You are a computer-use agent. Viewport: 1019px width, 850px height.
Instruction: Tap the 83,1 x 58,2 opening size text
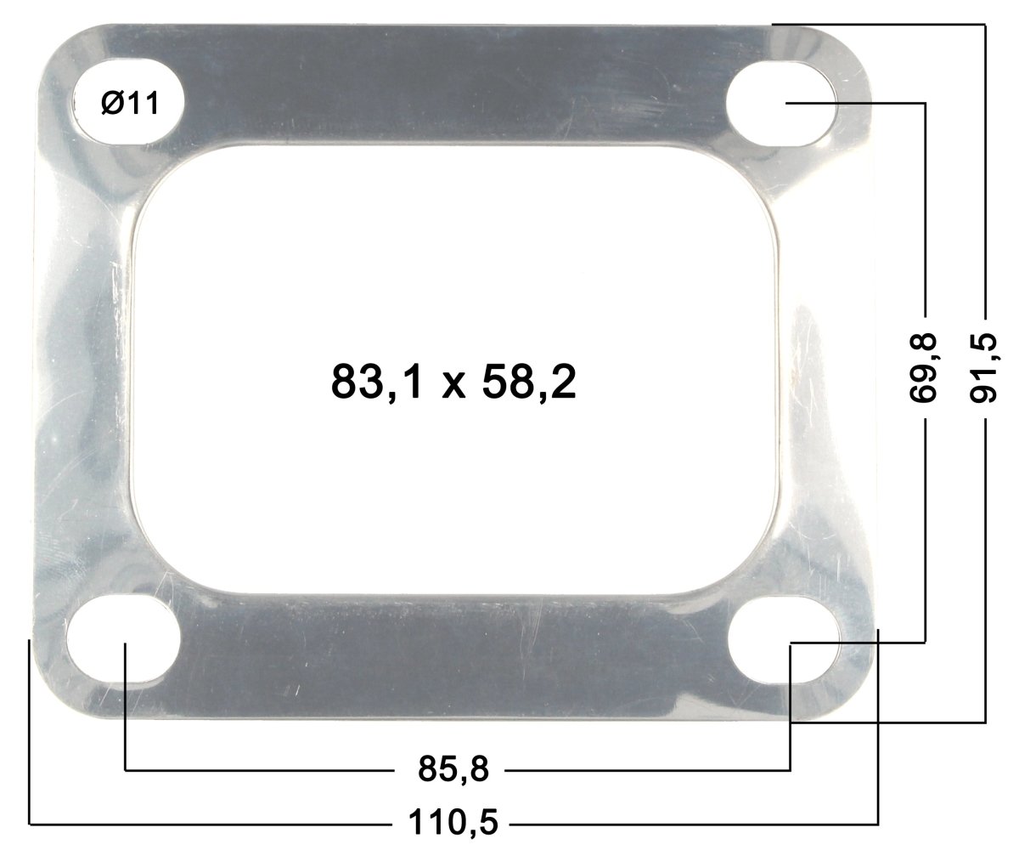tap(454, 382)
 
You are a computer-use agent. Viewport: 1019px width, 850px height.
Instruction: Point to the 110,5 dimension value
tap(453, 822)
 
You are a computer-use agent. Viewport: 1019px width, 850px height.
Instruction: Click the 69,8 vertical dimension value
tap(924, 367)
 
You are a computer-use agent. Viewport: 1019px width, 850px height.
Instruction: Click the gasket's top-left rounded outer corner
tap(59, 51)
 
